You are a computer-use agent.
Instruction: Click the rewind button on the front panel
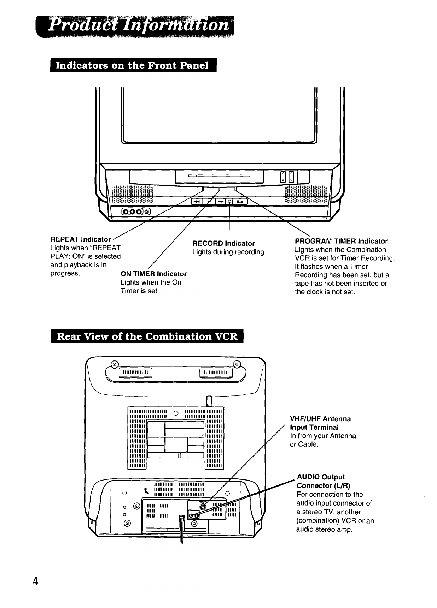(x=196, y=201)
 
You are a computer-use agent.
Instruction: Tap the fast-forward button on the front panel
(x=220, y=201)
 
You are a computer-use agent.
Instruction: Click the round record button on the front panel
(x=230, y=201)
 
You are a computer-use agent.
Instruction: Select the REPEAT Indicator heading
(x=81, y=239)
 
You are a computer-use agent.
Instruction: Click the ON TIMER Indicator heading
(x=153, y=274)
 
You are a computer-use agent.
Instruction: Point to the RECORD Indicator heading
(x=223, y=243)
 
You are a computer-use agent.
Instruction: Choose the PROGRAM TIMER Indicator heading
(x=341, y=241)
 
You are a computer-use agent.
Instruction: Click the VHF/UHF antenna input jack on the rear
(x=202, y=506)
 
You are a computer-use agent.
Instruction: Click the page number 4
(x=35, y=581)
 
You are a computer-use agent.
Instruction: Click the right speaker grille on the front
(x=306, y=195)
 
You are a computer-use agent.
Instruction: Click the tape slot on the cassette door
(x=219, y=175)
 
